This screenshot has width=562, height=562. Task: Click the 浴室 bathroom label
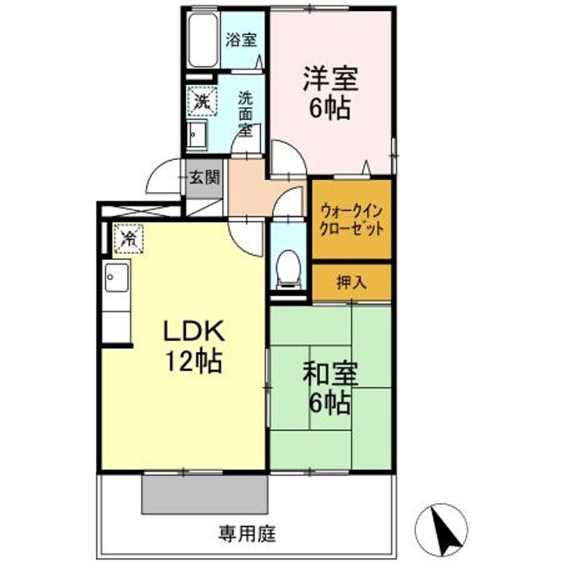pos(241,40)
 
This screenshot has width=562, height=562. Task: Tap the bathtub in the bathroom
pos(203,40)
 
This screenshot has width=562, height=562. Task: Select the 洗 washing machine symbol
pos(202,101)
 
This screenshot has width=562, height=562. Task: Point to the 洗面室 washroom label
pos(246,114)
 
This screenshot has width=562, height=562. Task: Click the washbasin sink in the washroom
pos(197,135)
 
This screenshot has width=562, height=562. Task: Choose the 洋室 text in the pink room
pos(330,80)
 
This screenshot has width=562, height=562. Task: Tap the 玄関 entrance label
pos(205,177)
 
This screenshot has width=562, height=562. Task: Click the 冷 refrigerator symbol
pos(129,238)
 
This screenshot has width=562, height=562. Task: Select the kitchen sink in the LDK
pos(117,277)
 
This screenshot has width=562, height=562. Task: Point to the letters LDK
pos(194,331)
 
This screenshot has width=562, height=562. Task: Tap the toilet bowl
pos(289,269)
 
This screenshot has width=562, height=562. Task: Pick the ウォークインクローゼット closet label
pos(351,219)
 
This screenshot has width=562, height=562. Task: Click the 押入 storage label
pos(351,283)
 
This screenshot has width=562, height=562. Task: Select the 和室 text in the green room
pos(330,374)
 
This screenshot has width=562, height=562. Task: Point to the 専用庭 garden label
pos(247,534)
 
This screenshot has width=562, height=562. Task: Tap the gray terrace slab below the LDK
pos(205,495)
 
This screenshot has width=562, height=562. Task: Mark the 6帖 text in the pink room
pos(329,108)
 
